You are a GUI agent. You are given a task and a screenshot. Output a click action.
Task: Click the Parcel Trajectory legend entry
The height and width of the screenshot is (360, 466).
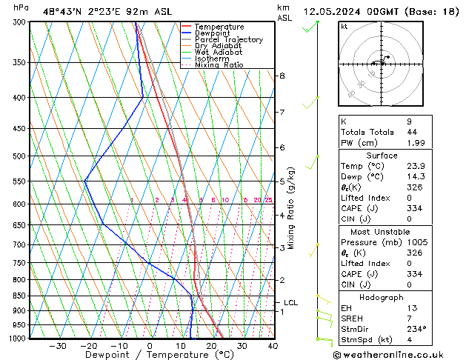click(x=228, y=39)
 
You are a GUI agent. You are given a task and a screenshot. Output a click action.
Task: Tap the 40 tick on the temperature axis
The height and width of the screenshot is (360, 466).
click(x=273, y=345)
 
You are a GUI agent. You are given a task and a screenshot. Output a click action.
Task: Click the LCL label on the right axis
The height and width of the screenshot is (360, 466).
click(x=291, y=302)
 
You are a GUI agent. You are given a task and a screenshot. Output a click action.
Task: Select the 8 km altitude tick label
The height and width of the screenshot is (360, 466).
click(x=282, y=76)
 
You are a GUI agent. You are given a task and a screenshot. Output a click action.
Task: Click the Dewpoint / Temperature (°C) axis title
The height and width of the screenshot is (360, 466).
click(x=148, y=355)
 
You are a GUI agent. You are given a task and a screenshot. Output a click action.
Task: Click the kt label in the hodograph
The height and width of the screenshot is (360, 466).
click(x=344, y=26)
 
